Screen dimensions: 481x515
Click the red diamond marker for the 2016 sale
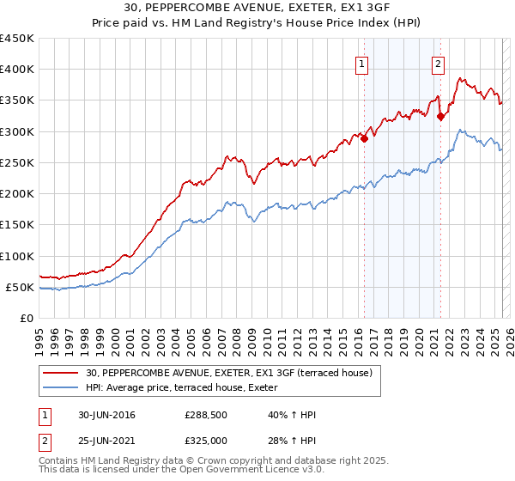pyautogui.click(x=364, y=138)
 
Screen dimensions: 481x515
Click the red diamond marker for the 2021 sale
pyautogui.click(x=440, y=117)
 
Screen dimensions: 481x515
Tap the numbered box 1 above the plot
pyautogui.click(x=361, y=63)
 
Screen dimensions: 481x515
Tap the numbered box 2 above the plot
pyautogui.click(x=438, y=63)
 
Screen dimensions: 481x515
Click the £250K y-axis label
pyautogui.click(x=17, y=162)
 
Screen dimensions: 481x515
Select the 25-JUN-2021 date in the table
pyautogui.click(x=106, y=440)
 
